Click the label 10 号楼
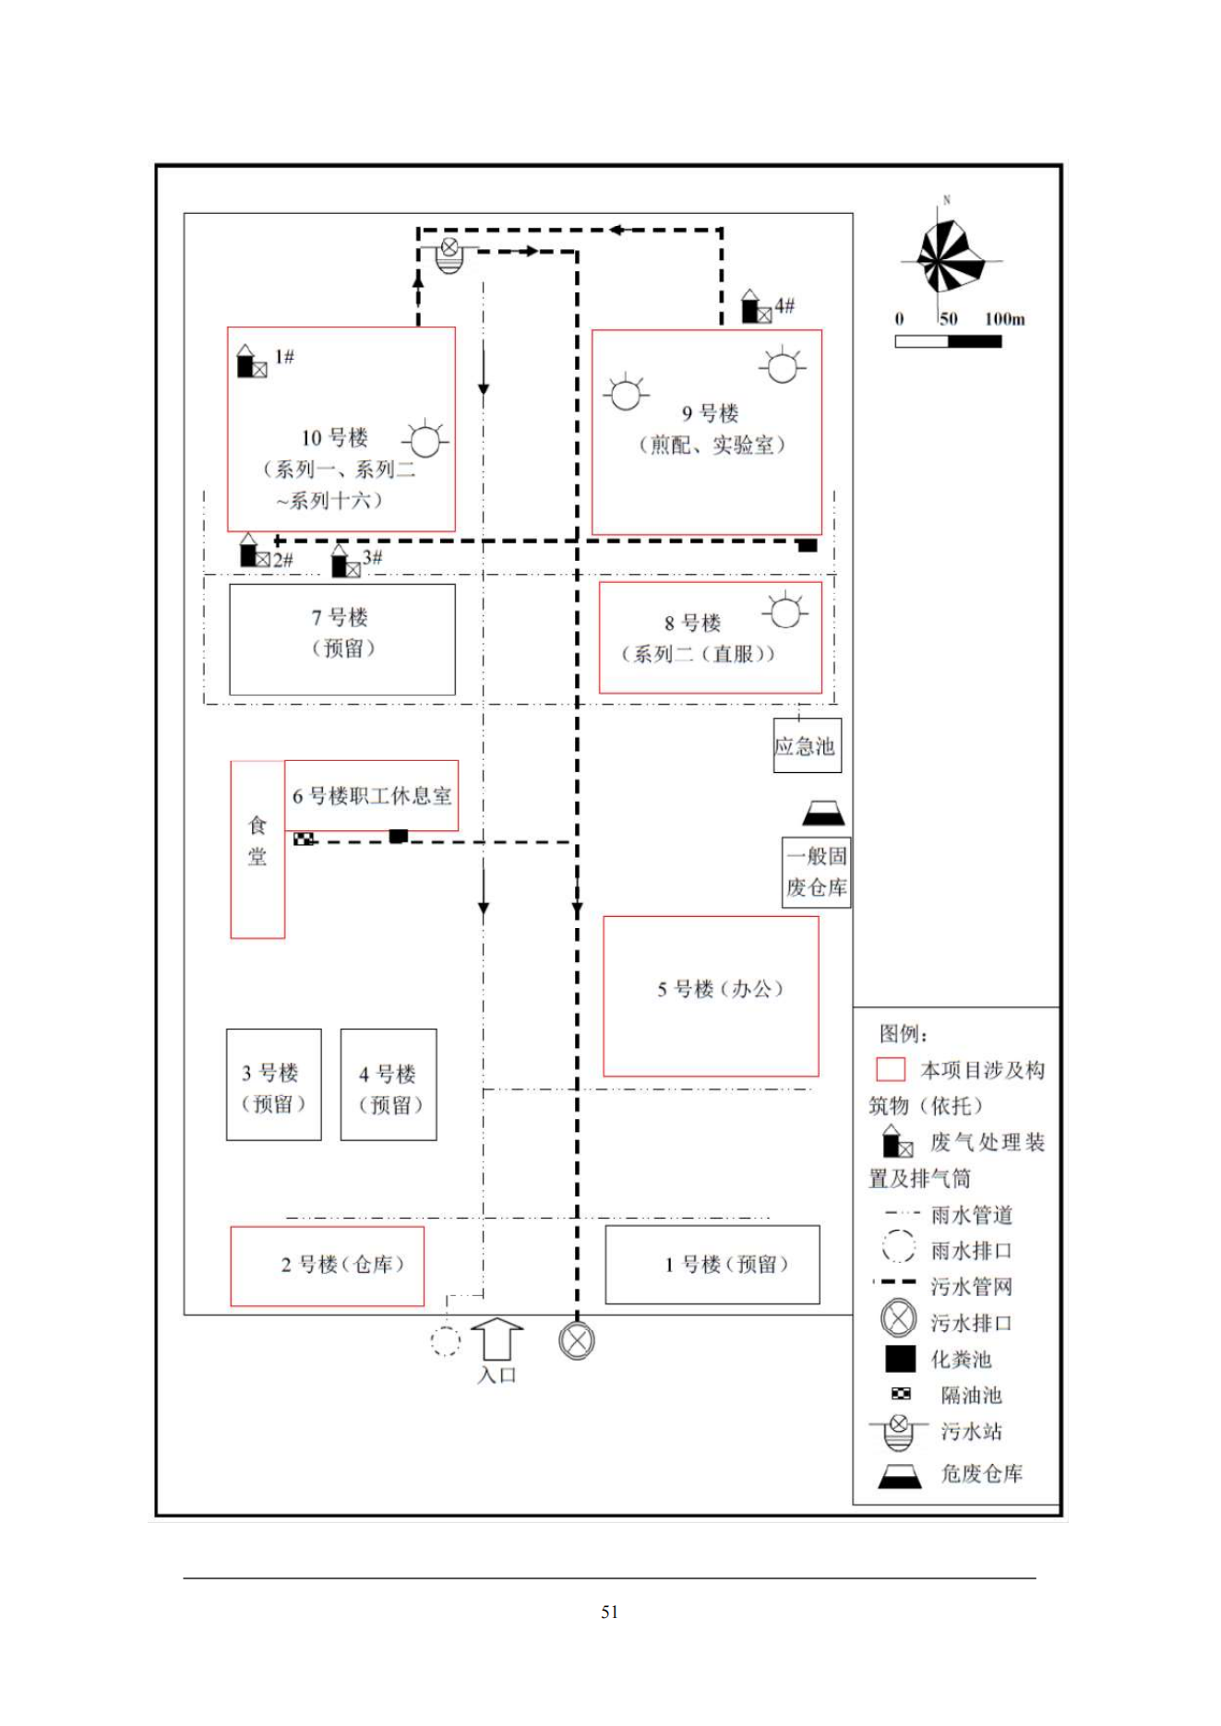coord(334,437)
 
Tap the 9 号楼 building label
coord(710,413)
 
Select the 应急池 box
coord(807,745)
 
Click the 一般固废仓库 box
coord(816,872)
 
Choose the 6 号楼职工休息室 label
coord(372,795)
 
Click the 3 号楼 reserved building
coord(273,1085)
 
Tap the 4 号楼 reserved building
coord(389,1086)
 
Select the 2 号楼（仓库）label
coord(342,1264)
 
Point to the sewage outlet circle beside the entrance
coord(577,1340)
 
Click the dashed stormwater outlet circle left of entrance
coord(445,1341)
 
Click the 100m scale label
coord(1004,319)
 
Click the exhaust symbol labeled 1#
coord(251,363)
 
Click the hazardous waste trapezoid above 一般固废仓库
coord(823,814)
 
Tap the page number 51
coord(609,1612)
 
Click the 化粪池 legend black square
coord(900,1359)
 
